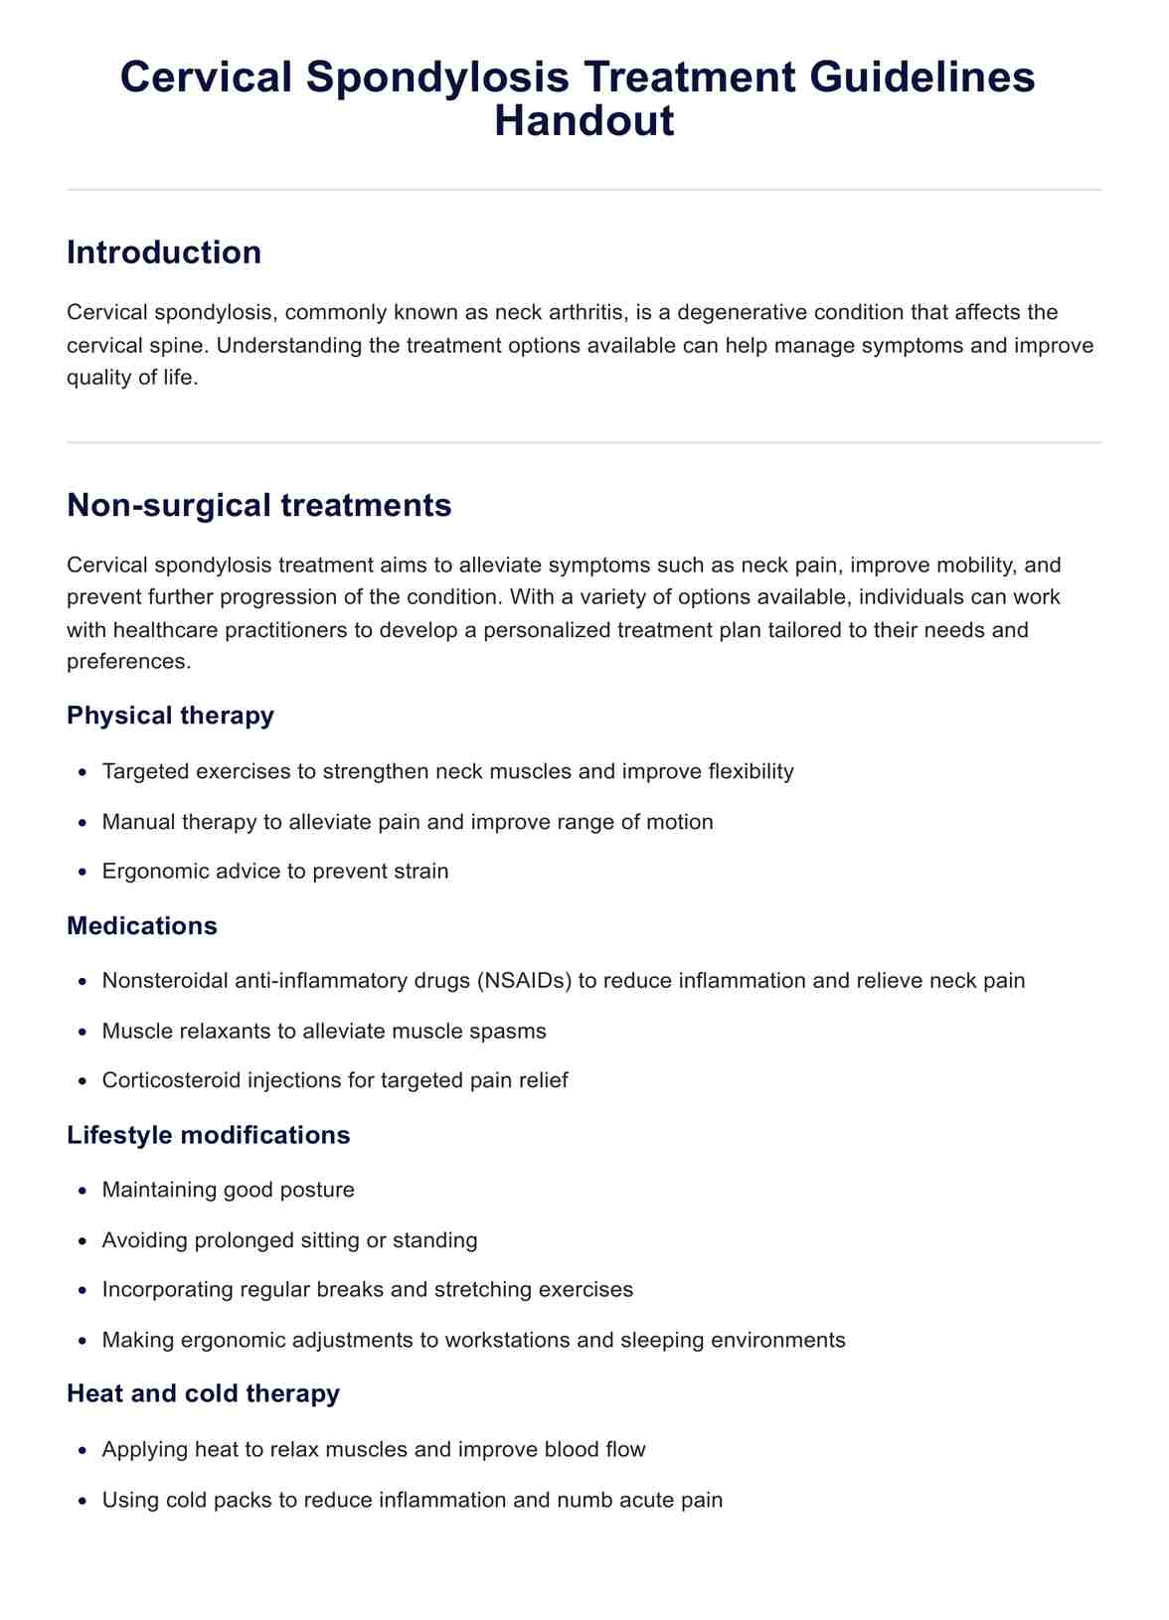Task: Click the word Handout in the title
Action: tap(584, 121)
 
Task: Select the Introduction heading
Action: tap(164, 252)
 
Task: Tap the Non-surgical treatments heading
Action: tap(258, 505)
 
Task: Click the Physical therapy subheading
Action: tap(170, 716)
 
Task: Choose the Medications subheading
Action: tap(142, 925)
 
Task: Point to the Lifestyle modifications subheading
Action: tap(209, 1135)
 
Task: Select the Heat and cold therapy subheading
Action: tap(203, 1393)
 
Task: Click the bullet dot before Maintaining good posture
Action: tap(83, 1191)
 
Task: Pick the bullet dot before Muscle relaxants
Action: tap(83, 1032)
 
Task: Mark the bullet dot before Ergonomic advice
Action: tap(83, 872)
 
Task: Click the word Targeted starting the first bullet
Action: tap(146, 771)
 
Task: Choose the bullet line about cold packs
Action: tap(412, 1500)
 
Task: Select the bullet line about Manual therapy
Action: tap(408, 822)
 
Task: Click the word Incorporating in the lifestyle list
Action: tap(169, 1290)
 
